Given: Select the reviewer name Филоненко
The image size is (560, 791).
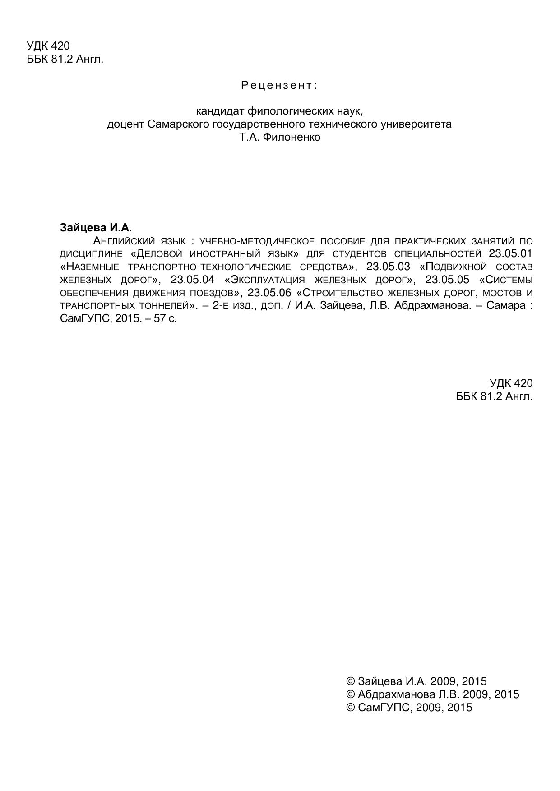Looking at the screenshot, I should (x=292, y=137).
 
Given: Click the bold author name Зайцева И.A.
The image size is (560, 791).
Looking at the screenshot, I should (x=96, y=228).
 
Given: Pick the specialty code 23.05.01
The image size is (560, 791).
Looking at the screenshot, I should (x=510, y=253).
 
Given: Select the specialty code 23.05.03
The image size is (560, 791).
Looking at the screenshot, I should (x=388, y=266).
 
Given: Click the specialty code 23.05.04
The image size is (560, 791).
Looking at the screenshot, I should (x=193, y=279).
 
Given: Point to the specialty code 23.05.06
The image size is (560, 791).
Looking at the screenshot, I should (x=269, y=292).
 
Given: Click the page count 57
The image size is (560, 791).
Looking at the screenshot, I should (x=160, y=319).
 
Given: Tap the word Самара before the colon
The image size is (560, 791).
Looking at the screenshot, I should (x=506, y=306).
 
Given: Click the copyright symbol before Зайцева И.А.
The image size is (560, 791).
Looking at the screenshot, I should (x=350, y=681).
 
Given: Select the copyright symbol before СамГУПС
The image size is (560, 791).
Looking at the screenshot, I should (x=350, y=708).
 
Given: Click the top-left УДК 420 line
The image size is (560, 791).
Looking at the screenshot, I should (x=48, y=46).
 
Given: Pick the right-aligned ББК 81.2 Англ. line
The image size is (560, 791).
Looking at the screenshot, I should (x=494, y=396).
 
